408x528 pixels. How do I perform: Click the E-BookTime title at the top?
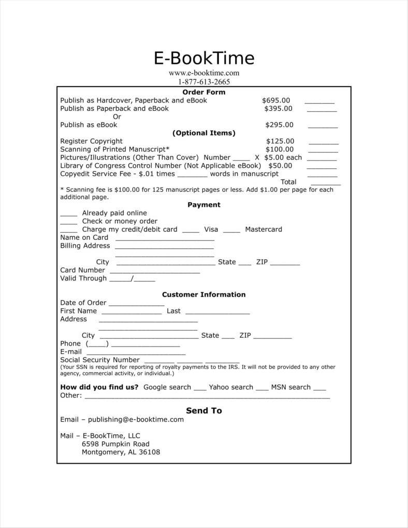pyautogui.click(x=204, y=58)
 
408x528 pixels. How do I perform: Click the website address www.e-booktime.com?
pyautogui.click(x=204, y=73)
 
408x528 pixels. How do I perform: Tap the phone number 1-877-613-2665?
pyautogui.click(x=204, y=81)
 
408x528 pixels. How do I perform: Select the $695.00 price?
pyautogui.click(x=276, y=101)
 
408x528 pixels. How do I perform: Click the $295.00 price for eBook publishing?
pyautogui.click(x=279, y=125)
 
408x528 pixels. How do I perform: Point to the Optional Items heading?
pyautogui.click(x=204, y=133)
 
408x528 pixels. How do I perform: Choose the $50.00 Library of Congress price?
pyautogui.click(x=280, y=166)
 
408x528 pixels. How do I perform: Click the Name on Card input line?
pyautogui.click(x=165, y=239)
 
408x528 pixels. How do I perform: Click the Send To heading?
pyautogui.click(x=204, y=410)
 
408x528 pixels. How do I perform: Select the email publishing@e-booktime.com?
pyautogui.click(x=136, y=420)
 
